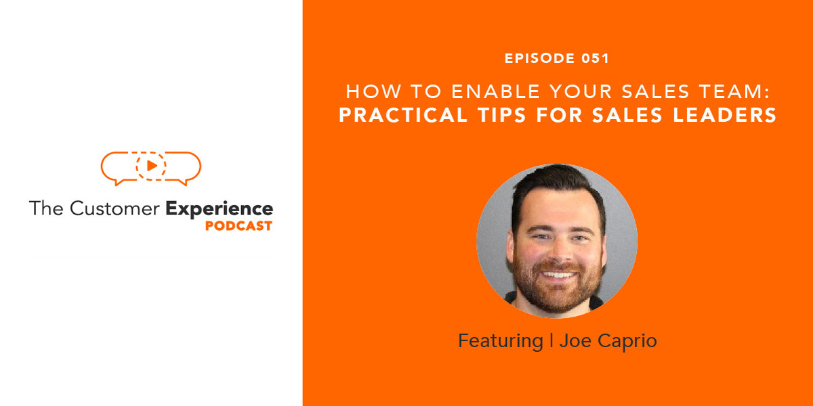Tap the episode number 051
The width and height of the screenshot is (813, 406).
pos(596,59)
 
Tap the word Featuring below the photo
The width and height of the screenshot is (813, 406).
pos(500,340)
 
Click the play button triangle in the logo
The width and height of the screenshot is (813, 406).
pos(152,165)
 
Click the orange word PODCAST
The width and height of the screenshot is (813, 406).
pos(238,226)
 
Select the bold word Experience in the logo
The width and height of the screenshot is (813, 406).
pos(219,208)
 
